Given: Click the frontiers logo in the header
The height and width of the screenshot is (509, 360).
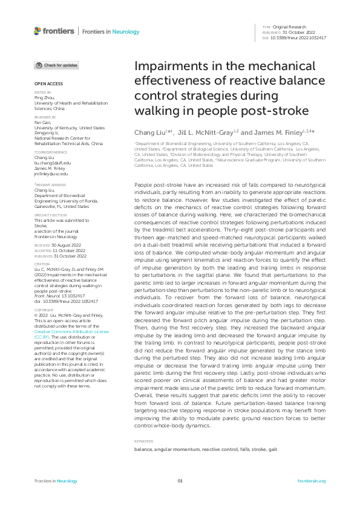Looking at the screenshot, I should [x=54, y=31].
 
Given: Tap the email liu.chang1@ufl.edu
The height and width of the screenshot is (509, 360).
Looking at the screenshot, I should [x=53, y=163].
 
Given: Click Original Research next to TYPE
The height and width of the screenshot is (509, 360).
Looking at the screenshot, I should [x=290, y=28].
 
